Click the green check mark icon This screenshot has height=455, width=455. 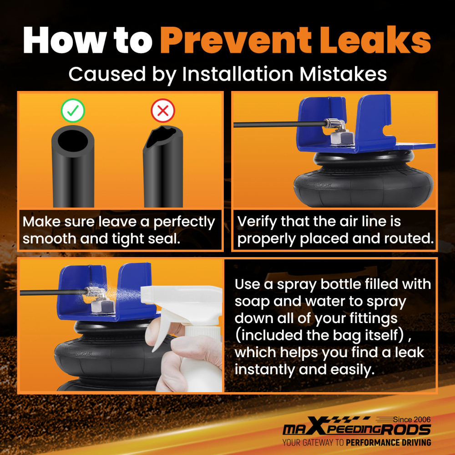tap(73, 110)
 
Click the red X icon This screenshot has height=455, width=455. tap(163, 110)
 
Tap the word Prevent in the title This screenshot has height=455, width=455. tap(236, 40)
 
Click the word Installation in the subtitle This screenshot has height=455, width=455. tap(238, 74)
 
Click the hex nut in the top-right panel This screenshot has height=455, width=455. tap(342, 138)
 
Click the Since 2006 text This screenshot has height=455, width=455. tap(412, 420)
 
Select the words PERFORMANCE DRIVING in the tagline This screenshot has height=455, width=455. tap(388, 443)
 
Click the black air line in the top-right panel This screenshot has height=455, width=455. tap(279, 125)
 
